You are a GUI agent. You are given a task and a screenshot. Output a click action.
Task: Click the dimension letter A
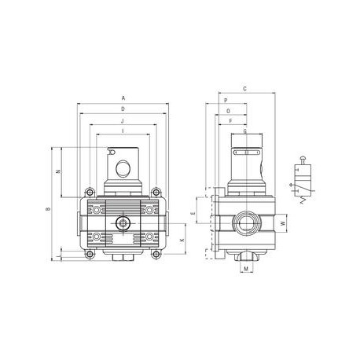point(123,97)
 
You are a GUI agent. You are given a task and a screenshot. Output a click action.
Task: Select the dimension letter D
point(123,108)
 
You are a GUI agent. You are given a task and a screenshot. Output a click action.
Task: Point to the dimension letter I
point(123,131)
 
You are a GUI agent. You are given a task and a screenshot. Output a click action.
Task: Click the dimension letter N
point(57,171)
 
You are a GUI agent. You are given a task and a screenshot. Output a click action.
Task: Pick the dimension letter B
point(48,208)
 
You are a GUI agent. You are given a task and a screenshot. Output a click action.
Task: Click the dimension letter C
point(245,89)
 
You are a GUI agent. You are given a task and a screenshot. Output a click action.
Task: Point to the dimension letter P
point(226,101)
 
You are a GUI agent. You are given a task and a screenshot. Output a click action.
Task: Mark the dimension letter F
point(231,121)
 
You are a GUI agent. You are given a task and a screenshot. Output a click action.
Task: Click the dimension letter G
point(245,131)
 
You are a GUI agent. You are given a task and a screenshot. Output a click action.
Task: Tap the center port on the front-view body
point(123,224)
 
